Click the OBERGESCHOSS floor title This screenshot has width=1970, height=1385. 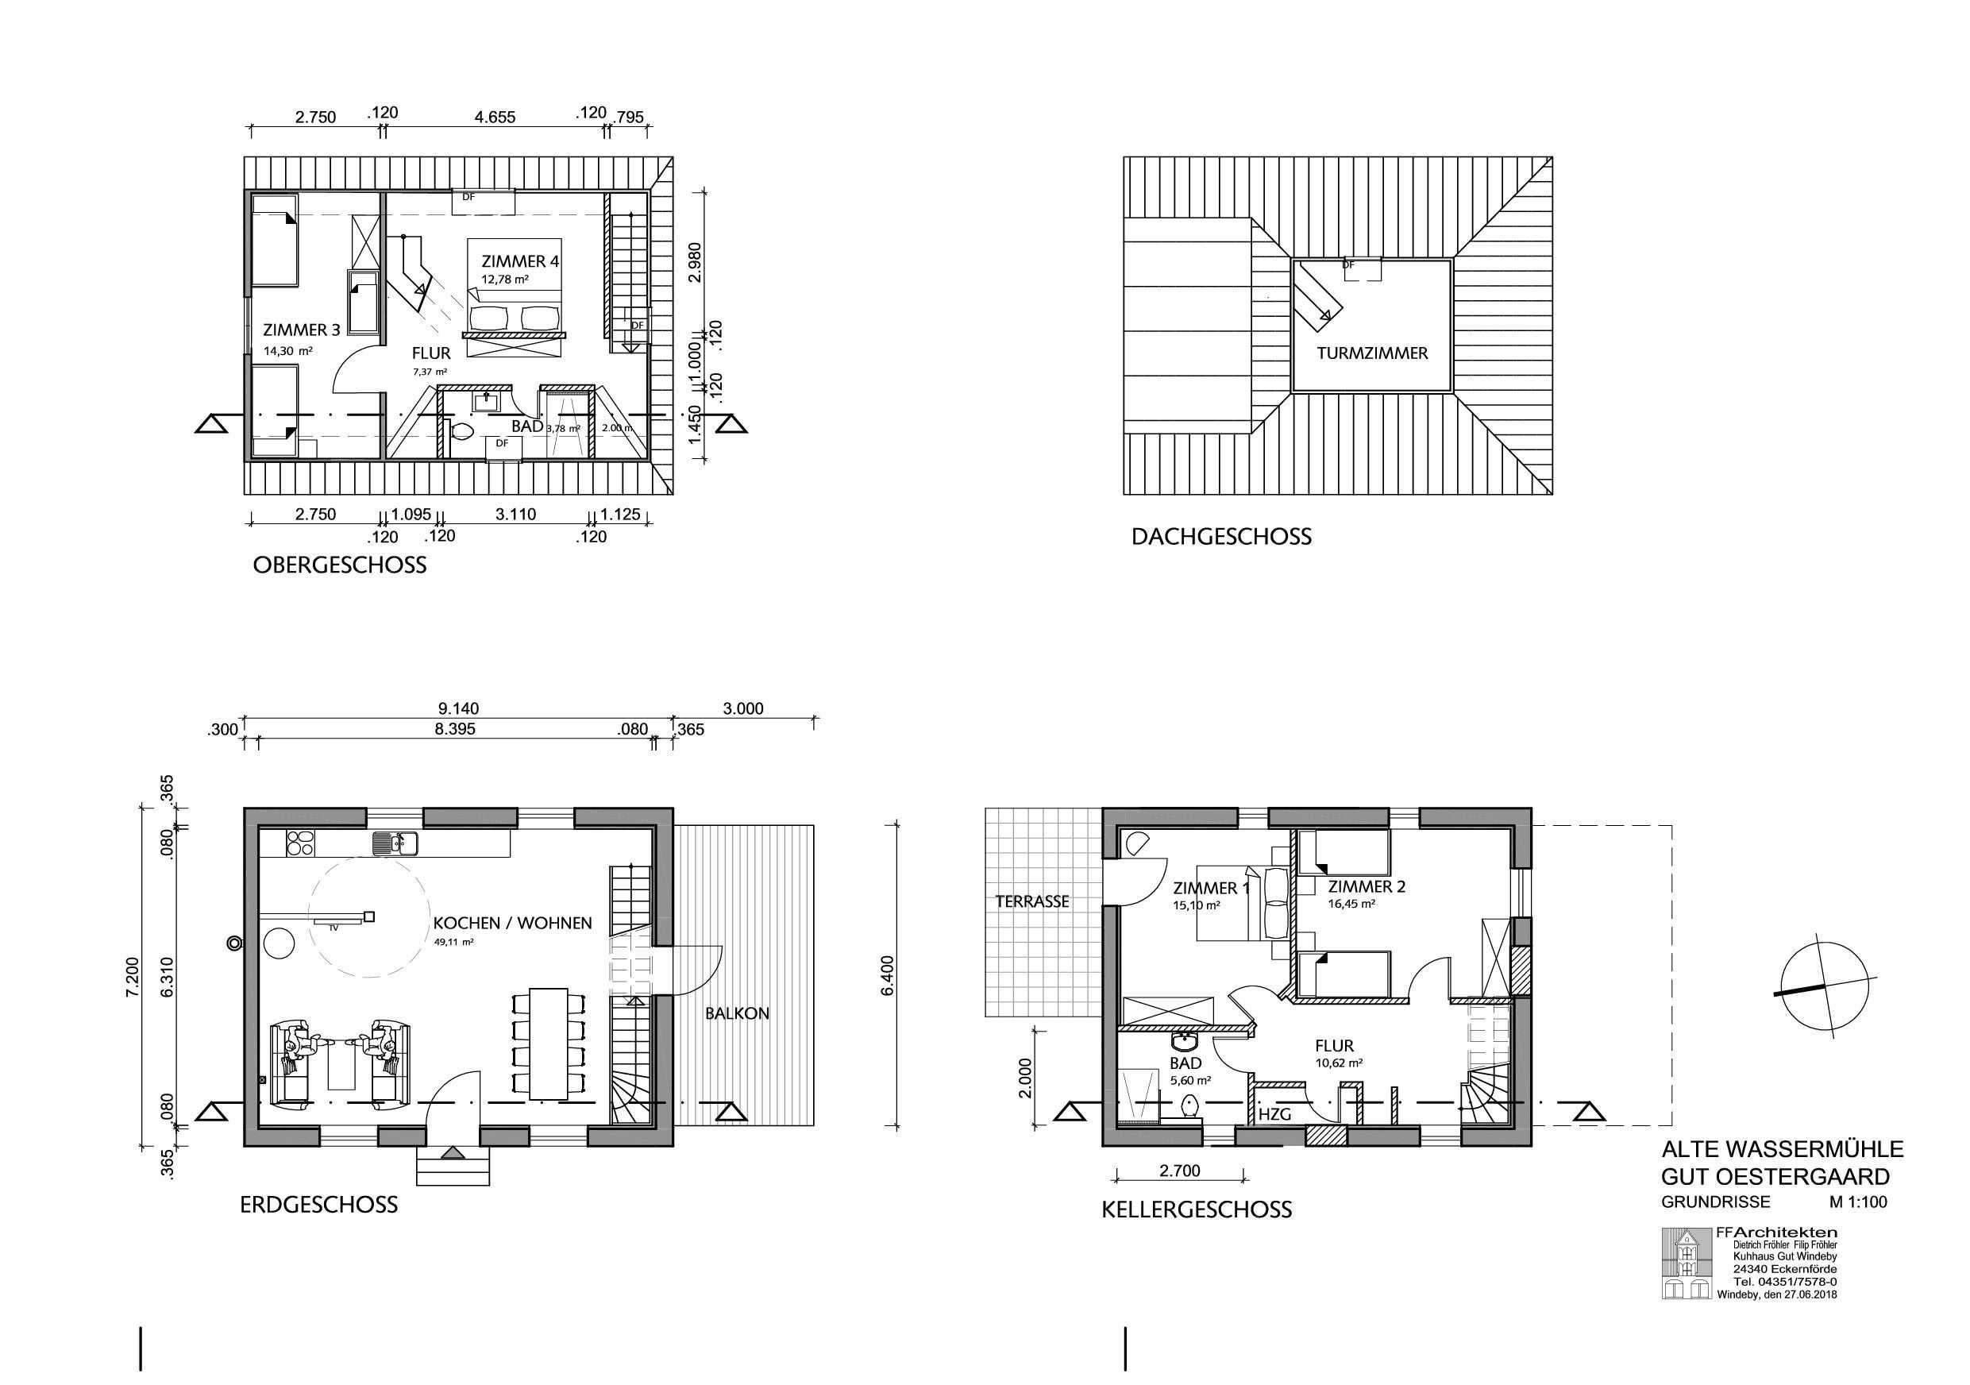(x=340, y=565)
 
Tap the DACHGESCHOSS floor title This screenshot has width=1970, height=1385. (x=1222, y=537)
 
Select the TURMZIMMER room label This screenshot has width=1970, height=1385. (x=1373, y=353)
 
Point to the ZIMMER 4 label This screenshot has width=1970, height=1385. (x=520, y=260)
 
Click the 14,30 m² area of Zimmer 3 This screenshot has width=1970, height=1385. (x=288, y=350)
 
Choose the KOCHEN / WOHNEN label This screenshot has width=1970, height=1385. (x=512, y=924)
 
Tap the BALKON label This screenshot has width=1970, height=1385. (x=737, y=1013)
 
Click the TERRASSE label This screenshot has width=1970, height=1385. (x=1032, y=902)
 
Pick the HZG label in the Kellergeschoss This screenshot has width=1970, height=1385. (x=1274, y=1115)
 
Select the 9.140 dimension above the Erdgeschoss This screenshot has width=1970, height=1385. (x=458, y=709)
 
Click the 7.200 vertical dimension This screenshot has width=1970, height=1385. (x=131, y=978)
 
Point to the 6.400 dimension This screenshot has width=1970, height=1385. (x=888, y=977)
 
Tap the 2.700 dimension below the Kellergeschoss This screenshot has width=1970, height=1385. (x=1180, y=1171)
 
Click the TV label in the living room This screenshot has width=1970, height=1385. (x=333, y=928)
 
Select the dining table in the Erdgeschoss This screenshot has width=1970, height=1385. (x=550, y=1044)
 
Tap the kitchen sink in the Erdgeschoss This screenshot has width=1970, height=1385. (x=395, y=843)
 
